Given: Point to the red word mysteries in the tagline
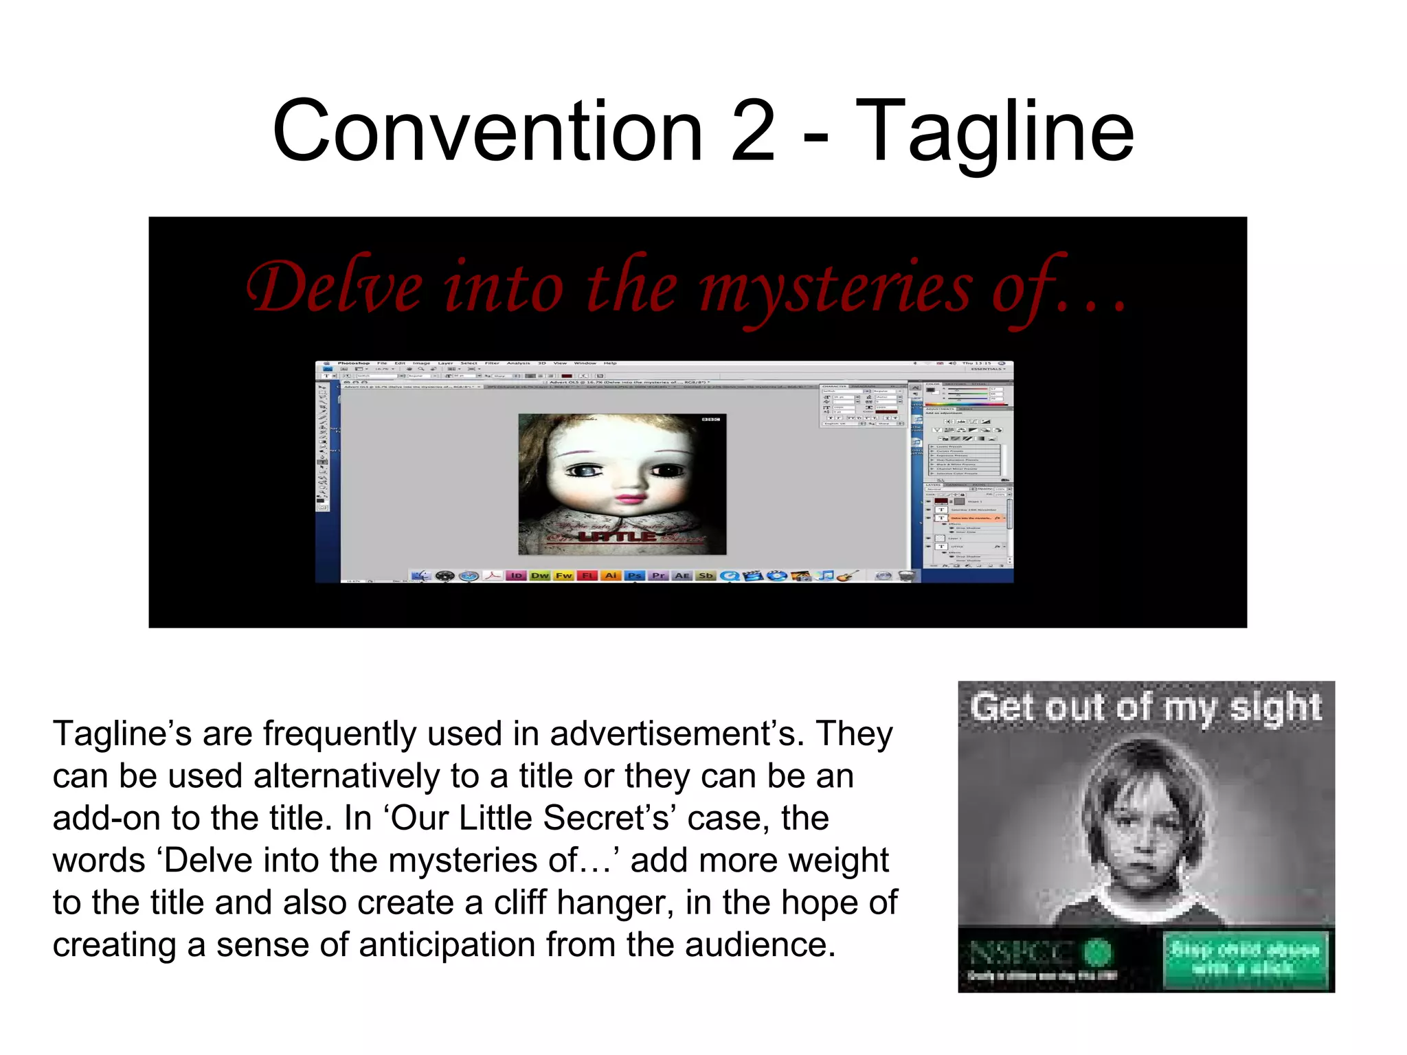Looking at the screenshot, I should (x=836, y=289).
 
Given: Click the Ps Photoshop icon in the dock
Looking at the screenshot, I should (x=635, y=576).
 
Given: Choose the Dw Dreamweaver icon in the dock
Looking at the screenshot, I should (x=540, y=576).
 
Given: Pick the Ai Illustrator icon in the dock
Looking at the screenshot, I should (x=611, y=576).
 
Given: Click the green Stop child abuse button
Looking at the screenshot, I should (x=1245, y=959).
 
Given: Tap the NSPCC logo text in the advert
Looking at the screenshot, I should (x=1021, y=953).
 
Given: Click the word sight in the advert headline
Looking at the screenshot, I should (x=1275, y=707).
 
